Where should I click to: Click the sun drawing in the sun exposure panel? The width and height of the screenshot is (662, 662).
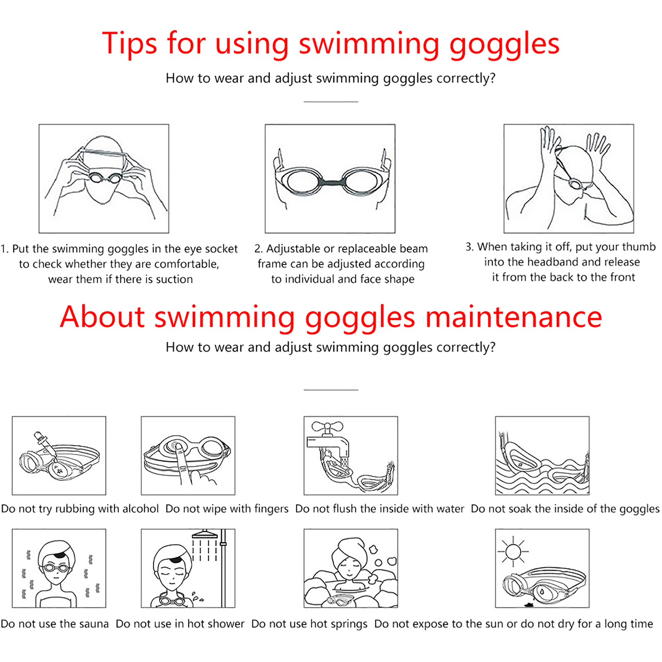click(x=513, y=552)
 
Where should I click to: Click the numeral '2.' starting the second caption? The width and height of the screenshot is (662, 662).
click(x=259, y=249)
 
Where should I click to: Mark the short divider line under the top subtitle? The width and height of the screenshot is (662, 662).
click(x=331, y=102)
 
